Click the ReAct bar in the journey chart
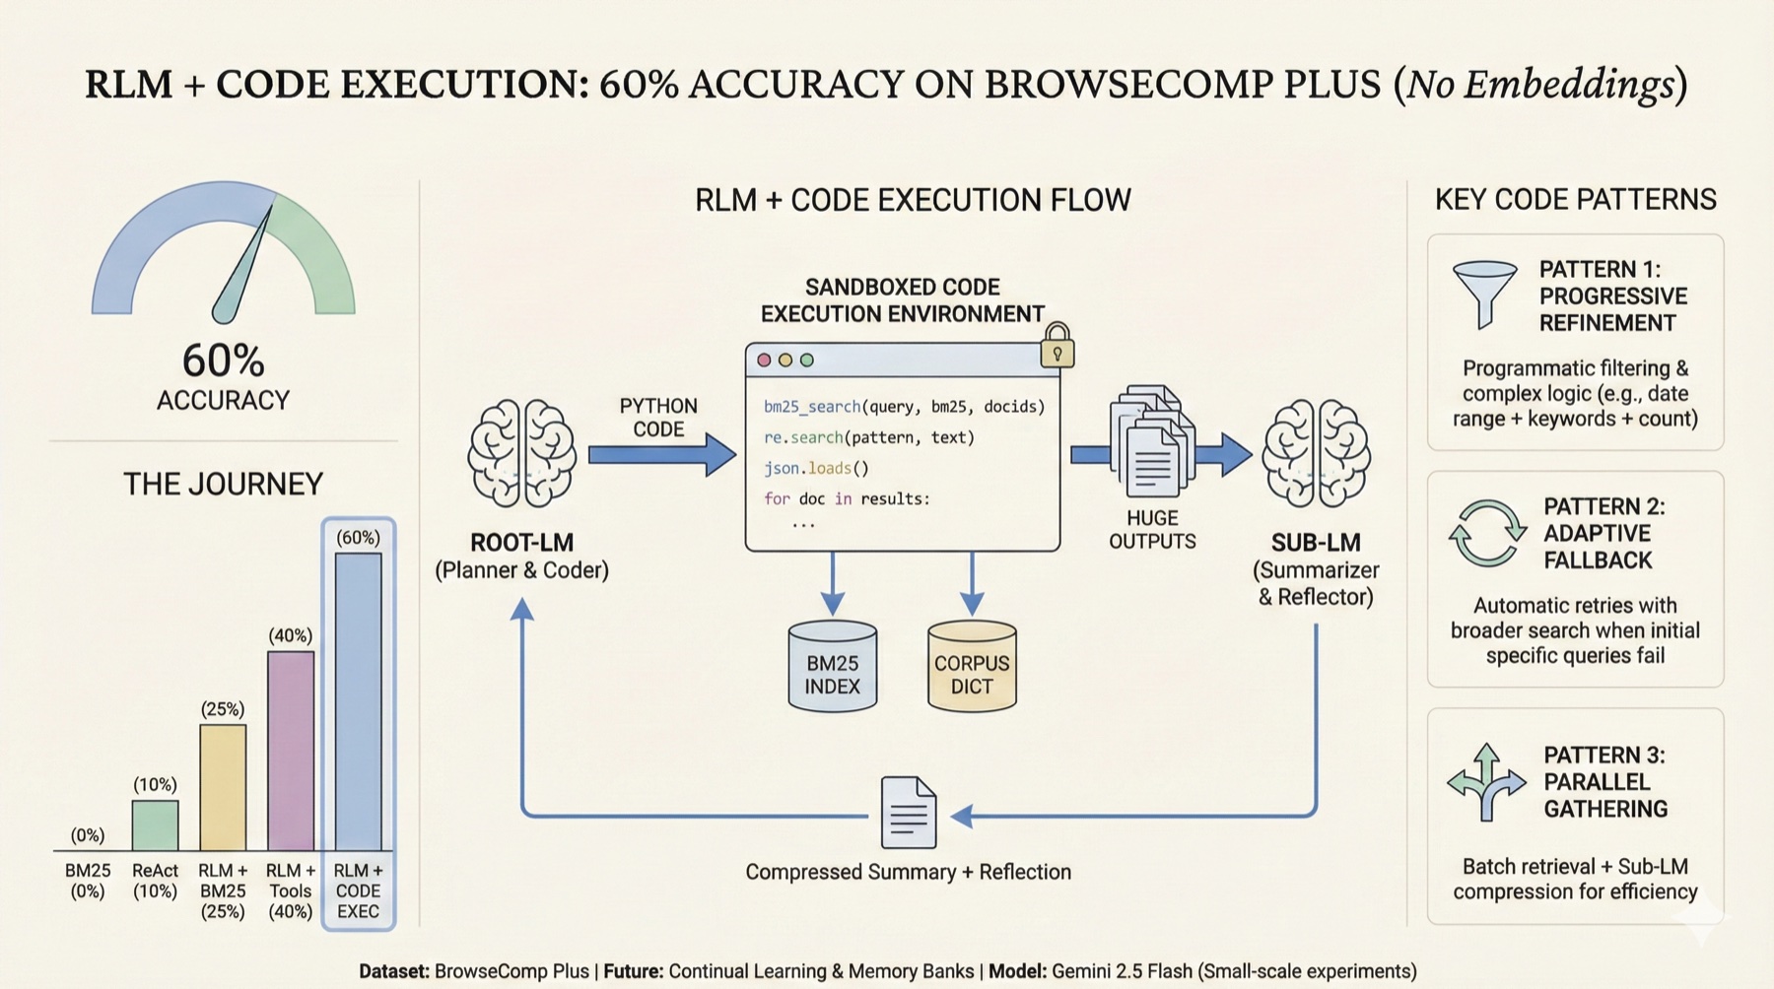coord(155,825)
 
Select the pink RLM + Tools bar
coord(291,751)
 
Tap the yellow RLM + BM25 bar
coord(223,788)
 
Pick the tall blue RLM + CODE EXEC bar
coord(358,701)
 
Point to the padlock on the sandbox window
coord(1058,347)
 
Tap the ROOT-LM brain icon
coord(521,453)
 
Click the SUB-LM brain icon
coord(1317,453)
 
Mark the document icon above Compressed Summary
coord(908,813)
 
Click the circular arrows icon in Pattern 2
coord(1486,533)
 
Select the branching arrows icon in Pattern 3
coord(1486,783)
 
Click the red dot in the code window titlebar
coord(764,361)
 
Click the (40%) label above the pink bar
coord(290,636)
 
